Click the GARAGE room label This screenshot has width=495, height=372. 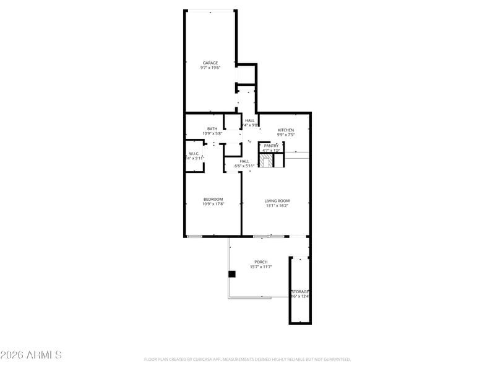click(210, 63)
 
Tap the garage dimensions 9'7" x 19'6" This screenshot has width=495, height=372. click(210, 68)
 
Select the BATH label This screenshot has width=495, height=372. click(212, 128)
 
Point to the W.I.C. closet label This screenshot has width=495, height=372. click(194, 153)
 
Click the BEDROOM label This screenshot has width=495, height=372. click(213, 199)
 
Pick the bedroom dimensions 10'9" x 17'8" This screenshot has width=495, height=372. click(213, 204)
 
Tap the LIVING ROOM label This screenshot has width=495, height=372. click(277, 200)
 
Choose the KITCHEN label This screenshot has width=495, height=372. click(285, 130)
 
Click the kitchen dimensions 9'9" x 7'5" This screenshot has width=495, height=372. click(285, 135)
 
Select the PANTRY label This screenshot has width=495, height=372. click(271, 146)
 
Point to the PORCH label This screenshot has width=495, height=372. click(261, 262)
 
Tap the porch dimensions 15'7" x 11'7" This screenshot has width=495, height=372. click(261, 267)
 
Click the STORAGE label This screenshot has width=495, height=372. click(300, 291)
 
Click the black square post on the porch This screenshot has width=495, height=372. click(232, 274)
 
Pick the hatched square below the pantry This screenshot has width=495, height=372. click(266, 161)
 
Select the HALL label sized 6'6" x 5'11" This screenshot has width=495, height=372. click(244, 161)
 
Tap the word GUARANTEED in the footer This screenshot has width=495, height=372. click(335, 359)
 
